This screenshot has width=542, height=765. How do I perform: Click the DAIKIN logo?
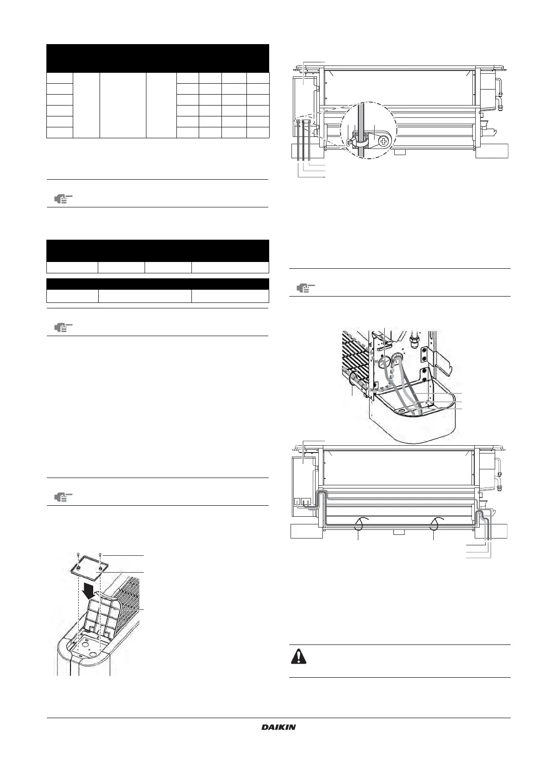click(279, 727)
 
